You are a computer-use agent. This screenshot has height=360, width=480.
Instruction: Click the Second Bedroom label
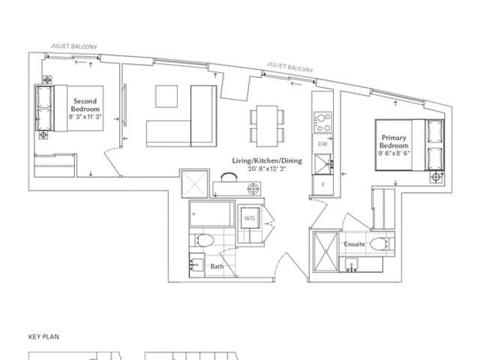[85, 105]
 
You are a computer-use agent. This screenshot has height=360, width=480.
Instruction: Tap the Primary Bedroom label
[394, 142]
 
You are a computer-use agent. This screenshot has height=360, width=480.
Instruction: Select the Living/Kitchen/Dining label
[267, 160]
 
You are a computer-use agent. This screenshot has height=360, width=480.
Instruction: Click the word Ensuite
[354, 244]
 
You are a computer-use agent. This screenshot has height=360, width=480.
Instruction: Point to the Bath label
[217, 266]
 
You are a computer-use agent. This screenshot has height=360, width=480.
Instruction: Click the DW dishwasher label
[322, 144]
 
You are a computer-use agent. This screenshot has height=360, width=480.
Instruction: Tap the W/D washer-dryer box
[250, 218]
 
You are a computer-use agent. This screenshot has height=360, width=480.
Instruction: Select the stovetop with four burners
[322, 122]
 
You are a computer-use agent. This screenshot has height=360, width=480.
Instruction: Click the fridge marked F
[322, 185]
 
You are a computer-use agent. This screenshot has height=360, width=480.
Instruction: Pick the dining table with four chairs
[267, 126]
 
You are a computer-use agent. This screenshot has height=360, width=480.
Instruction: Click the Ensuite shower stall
[325, 252]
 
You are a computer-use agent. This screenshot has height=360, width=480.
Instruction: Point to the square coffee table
[166, 97]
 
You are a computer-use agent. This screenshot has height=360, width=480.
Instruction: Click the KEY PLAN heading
[43, 337]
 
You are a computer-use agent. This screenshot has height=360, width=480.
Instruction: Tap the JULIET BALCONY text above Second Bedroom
[73, 46]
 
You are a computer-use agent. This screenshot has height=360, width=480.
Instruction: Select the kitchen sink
[322, 164]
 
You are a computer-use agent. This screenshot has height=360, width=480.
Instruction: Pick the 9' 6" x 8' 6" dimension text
[394, 153]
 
